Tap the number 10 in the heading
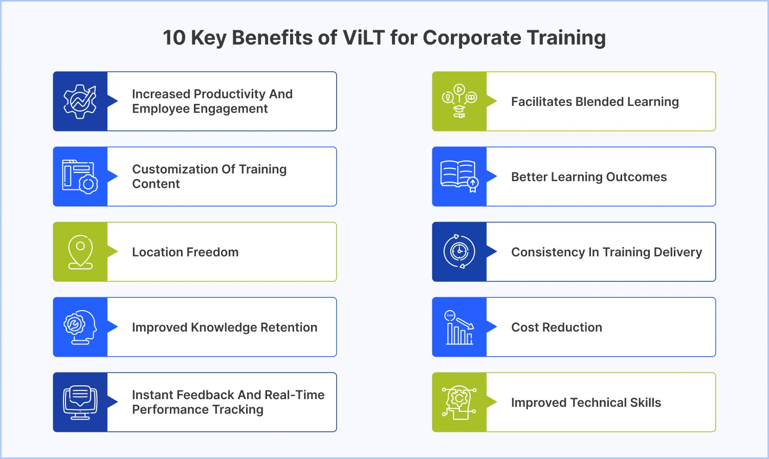(x=174, y=38)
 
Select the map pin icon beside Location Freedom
(x=80, y=252)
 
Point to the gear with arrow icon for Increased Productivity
(x=80, y=101)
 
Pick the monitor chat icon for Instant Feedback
(x=80, y=402)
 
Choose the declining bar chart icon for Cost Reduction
(x=459, y=327)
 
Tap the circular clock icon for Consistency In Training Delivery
(x=459, y=252)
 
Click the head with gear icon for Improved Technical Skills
(x=459, y=402)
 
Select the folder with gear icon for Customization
(x=80, y=177)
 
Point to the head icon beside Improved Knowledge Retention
(x=80, y=327)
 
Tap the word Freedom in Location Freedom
(x=215, y=252)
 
